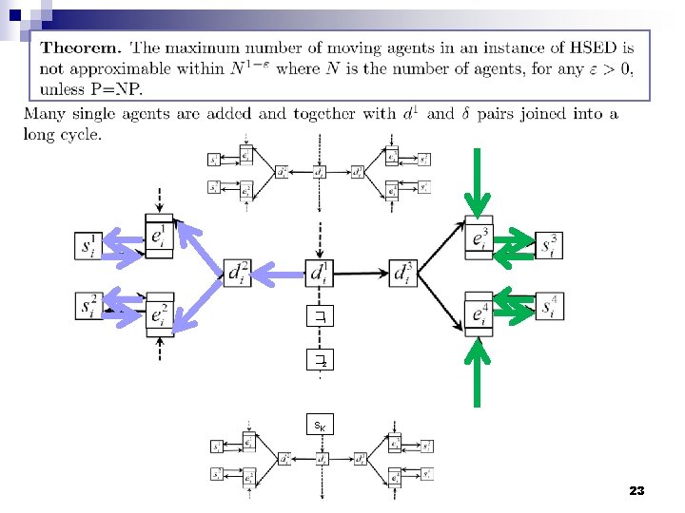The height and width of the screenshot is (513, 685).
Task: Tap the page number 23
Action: pyautogui.click(x=636, y=491)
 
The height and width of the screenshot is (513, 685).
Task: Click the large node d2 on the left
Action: pyautogui.click(x=239, y=273)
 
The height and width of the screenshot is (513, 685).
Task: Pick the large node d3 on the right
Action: pyautogui.click(x=403, y=273)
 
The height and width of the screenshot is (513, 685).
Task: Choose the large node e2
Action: pyautogui.click(x=161, y=313)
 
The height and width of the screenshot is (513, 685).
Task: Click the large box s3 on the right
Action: pyautogui.click(x=549, y=246)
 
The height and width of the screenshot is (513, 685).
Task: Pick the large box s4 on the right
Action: pyautogui.click(x=549, y=306)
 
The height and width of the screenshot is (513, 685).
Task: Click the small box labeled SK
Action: pyautogui.click(x=321, y=427)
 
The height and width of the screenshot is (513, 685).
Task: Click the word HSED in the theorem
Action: pyautogui.click(x=597, y=48)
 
